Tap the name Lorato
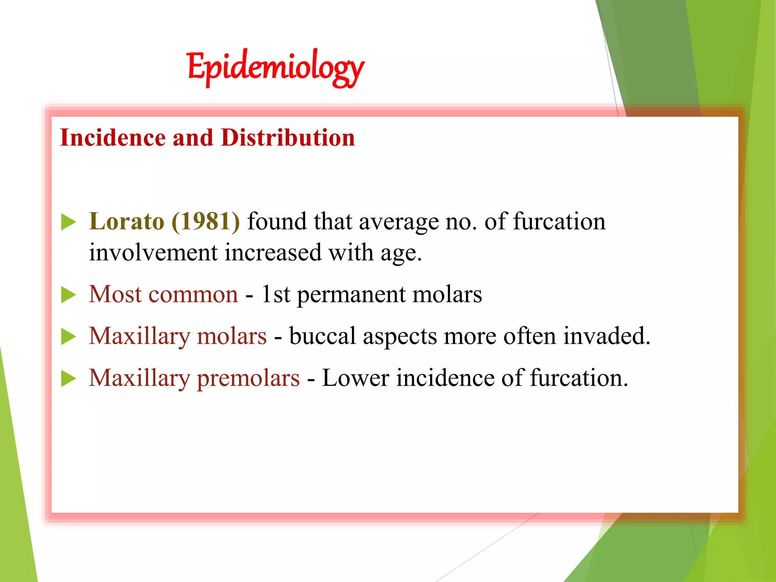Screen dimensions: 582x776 [127, 221]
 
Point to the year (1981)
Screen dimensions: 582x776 [206, 221]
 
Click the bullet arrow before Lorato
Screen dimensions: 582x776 [69, 222]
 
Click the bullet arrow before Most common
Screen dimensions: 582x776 [69, 295]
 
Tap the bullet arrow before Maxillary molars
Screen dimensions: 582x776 [69, 336]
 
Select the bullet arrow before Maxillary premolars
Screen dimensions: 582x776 [69, 379]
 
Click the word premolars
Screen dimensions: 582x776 [248, 379]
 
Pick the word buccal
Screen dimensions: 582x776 [322, 336]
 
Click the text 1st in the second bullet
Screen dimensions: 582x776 [276, 294]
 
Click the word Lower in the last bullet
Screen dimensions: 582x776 [355, 378]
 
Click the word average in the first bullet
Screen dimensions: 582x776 [399, 222]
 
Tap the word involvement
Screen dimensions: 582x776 [153, 253]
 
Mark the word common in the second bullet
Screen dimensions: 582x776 [193, 294]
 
